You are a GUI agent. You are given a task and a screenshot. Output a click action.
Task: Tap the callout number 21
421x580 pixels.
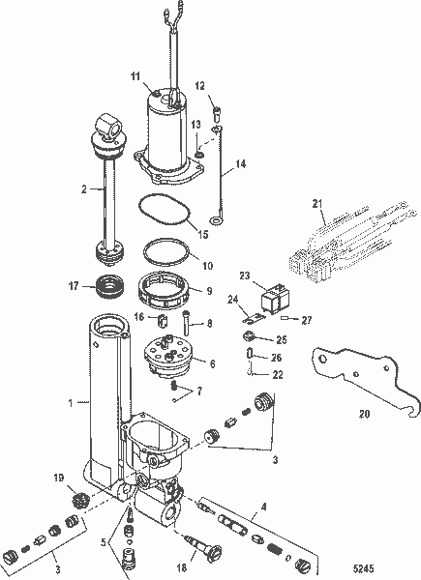316,204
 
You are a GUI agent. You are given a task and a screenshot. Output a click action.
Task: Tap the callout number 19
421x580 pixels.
59,478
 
